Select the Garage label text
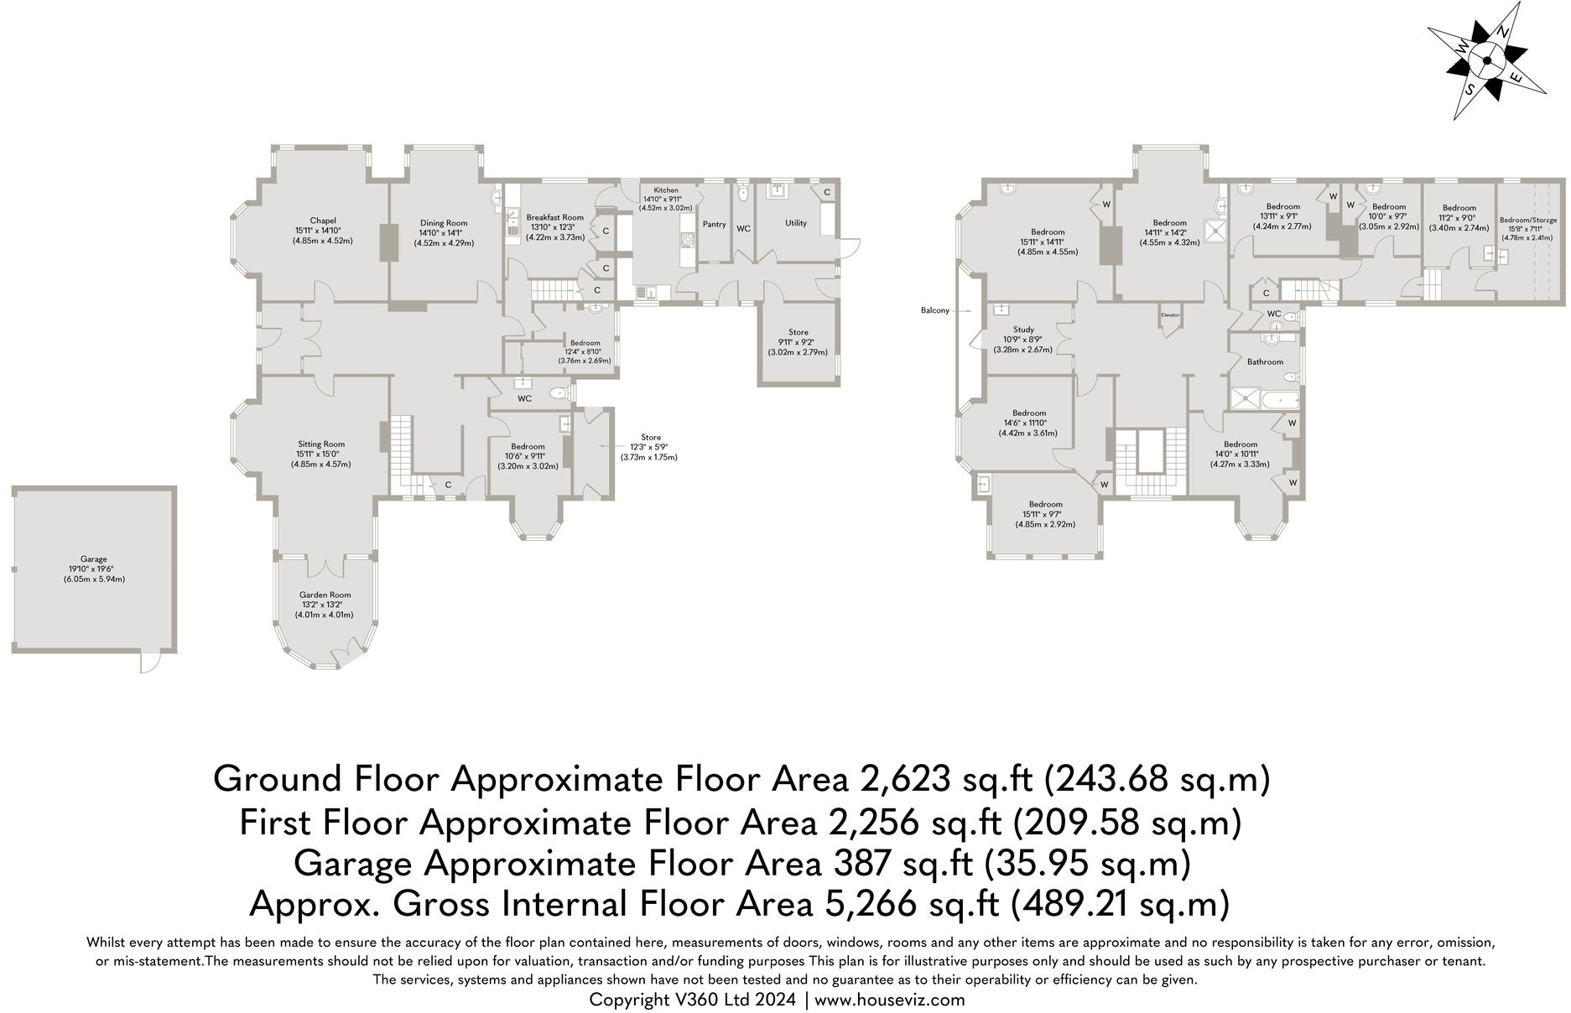(93, 559)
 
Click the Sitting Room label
(321, 444)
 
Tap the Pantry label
(714, 224)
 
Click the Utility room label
(795, 223)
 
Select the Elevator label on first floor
(1170, 314)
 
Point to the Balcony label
(934, 310)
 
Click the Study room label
(1023, 330)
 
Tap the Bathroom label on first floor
(1264, 362)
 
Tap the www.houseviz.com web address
(889, 1000)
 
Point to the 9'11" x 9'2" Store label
(799, 332)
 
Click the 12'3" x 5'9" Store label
(650, 438)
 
